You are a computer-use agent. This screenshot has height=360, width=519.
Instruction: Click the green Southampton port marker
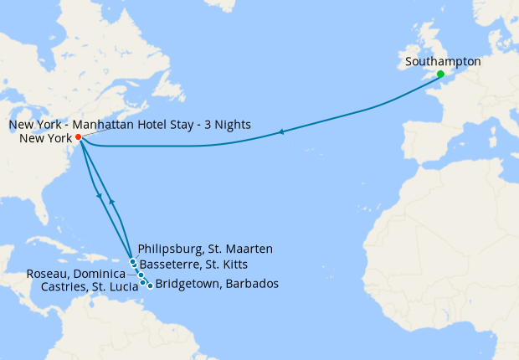pos(440,75)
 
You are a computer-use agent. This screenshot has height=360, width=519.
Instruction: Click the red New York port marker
pos(78,137)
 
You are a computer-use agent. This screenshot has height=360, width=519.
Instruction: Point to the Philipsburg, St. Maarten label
pos(205,249)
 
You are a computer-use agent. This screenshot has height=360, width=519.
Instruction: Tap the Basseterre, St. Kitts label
pos(199,262)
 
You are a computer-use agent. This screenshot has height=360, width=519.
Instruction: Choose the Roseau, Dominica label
pos(76,274)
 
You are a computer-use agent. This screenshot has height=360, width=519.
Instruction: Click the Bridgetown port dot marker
pos(150,285)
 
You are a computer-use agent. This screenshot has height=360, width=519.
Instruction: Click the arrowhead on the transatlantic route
pos(281,131)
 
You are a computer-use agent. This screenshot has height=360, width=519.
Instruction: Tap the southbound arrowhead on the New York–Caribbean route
pos(100,197)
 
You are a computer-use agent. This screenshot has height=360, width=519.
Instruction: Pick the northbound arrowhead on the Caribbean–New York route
pos(111,203)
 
